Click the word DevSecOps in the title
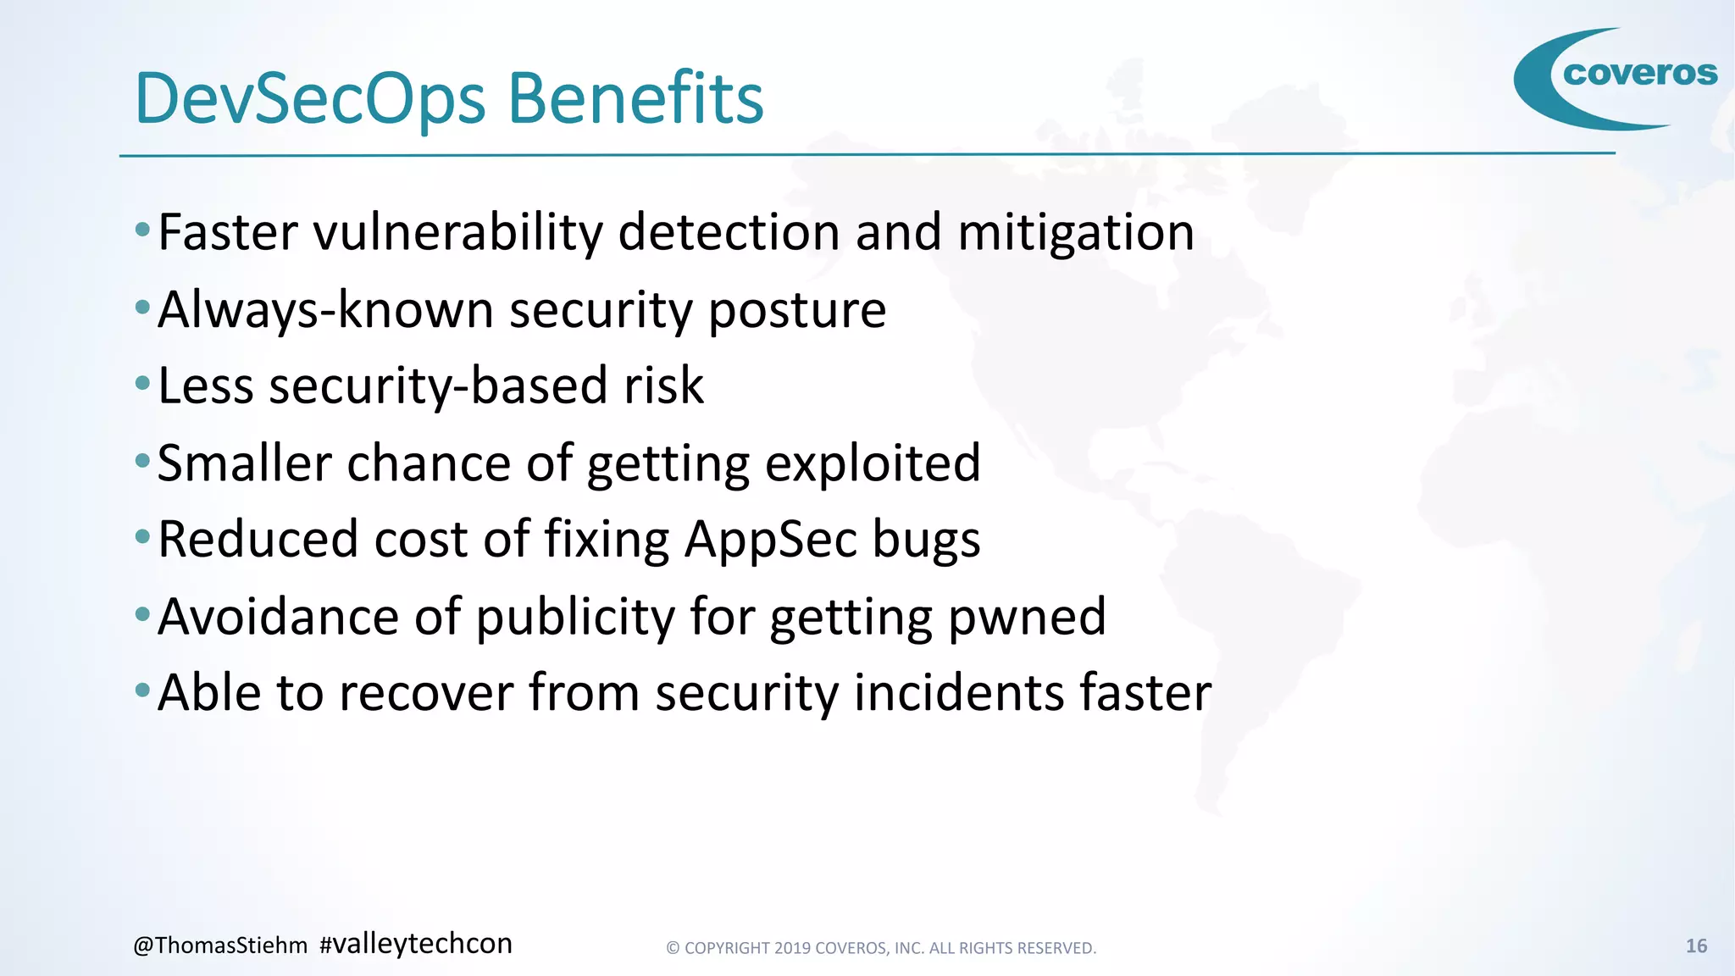310,100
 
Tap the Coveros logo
1615,78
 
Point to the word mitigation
1076,232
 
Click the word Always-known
325,309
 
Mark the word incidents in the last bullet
958,693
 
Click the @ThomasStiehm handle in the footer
220,945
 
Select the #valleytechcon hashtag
416,944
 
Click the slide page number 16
1696,946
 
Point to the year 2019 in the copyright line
792,948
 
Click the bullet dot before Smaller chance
142,461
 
